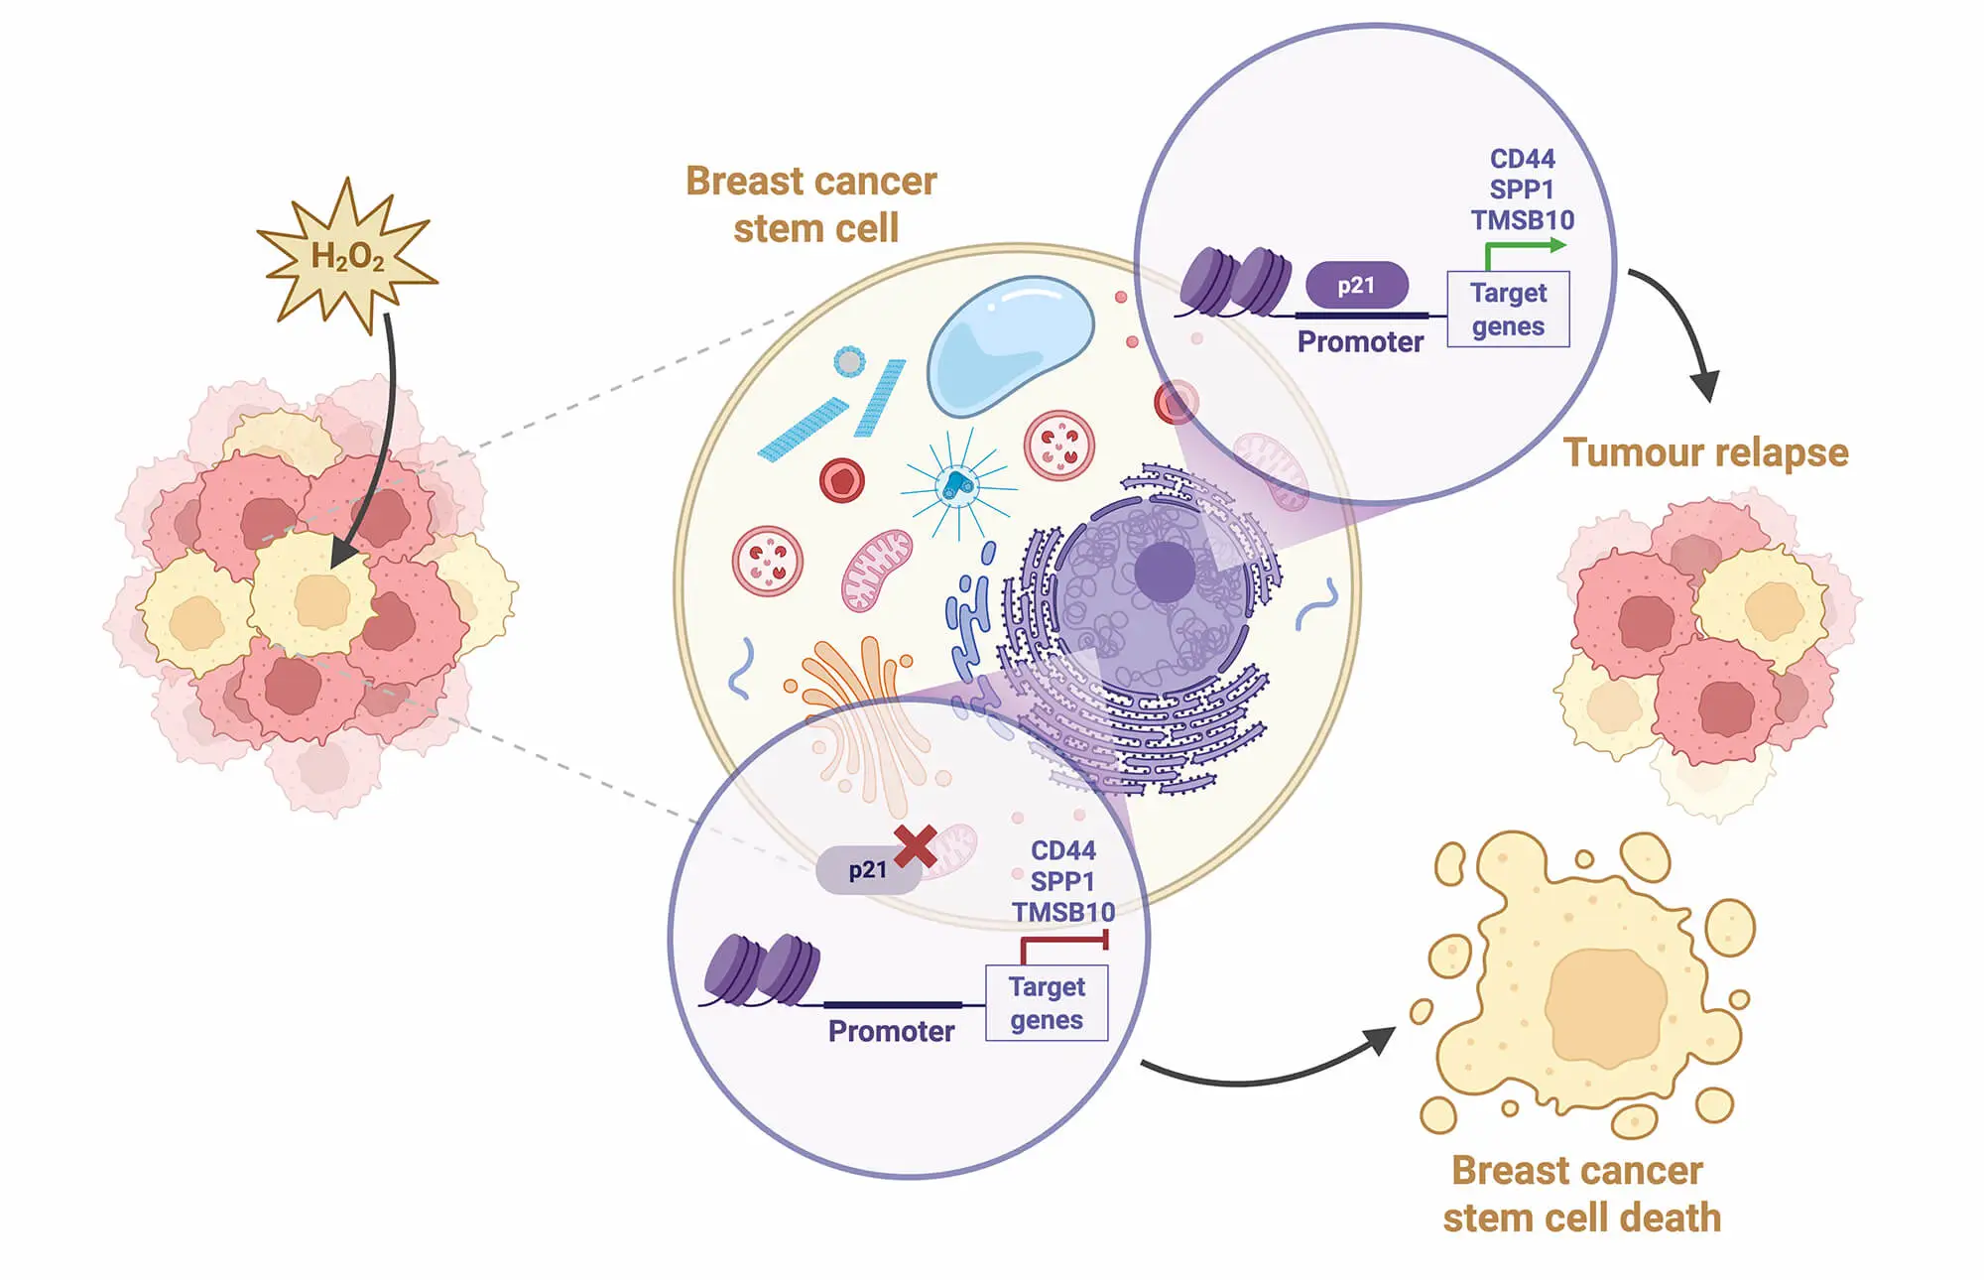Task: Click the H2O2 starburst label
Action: coord(347,256)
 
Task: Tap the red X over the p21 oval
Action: coord(915,846)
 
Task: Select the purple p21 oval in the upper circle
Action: coord(1356,286)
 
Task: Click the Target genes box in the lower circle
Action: coord(1047,1003)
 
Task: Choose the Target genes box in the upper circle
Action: coord(1508,310)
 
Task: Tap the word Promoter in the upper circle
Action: coord(1360,342)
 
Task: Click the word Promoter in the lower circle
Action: coord(891,1032)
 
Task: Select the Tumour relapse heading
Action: coord(1705,452)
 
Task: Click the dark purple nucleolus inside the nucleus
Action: coord(1164,573)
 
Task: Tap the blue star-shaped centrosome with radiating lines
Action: coord(958,485)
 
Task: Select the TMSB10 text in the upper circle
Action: coord(1522,220)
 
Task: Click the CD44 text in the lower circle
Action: coord(1062,850)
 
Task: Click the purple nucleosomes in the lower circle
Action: coord(762,970)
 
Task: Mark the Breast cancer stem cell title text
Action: coord(812,204)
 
